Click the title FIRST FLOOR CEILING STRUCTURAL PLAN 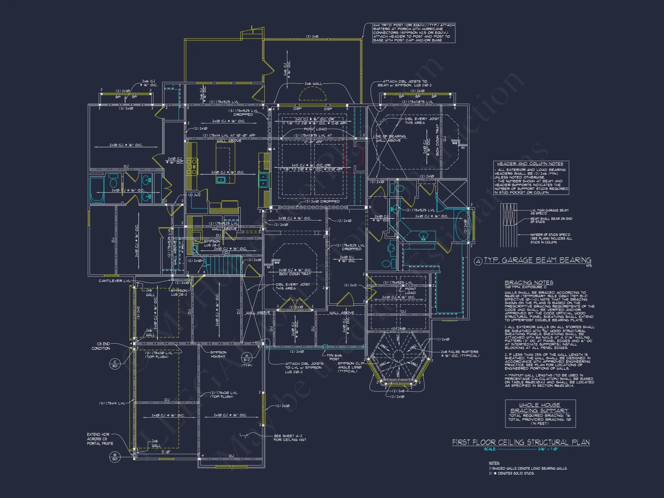click(521, 442)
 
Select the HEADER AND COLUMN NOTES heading click(530, 164)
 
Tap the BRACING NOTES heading click(529, 283)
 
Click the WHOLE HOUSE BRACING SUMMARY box click(540, 413)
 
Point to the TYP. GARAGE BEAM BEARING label click(537, 260)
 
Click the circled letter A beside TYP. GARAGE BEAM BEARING click(478, 261)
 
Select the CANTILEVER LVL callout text click(114, 281)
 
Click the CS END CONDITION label click(101, 346)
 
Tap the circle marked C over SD click(115, 364)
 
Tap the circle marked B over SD click(115, 457)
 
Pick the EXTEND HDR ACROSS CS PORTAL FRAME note click(100, 439)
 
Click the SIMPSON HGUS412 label click(218, 354)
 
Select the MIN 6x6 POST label click(334, 357)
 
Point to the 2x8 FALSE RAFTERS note click(459, 354)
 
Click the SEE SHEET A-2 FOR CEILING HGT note click(290, 438)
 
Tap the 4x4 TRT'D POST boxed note click(413, 33)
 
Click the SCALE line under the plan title click(521, 449)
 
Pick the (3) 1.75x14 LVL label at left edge click(112, 403)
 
